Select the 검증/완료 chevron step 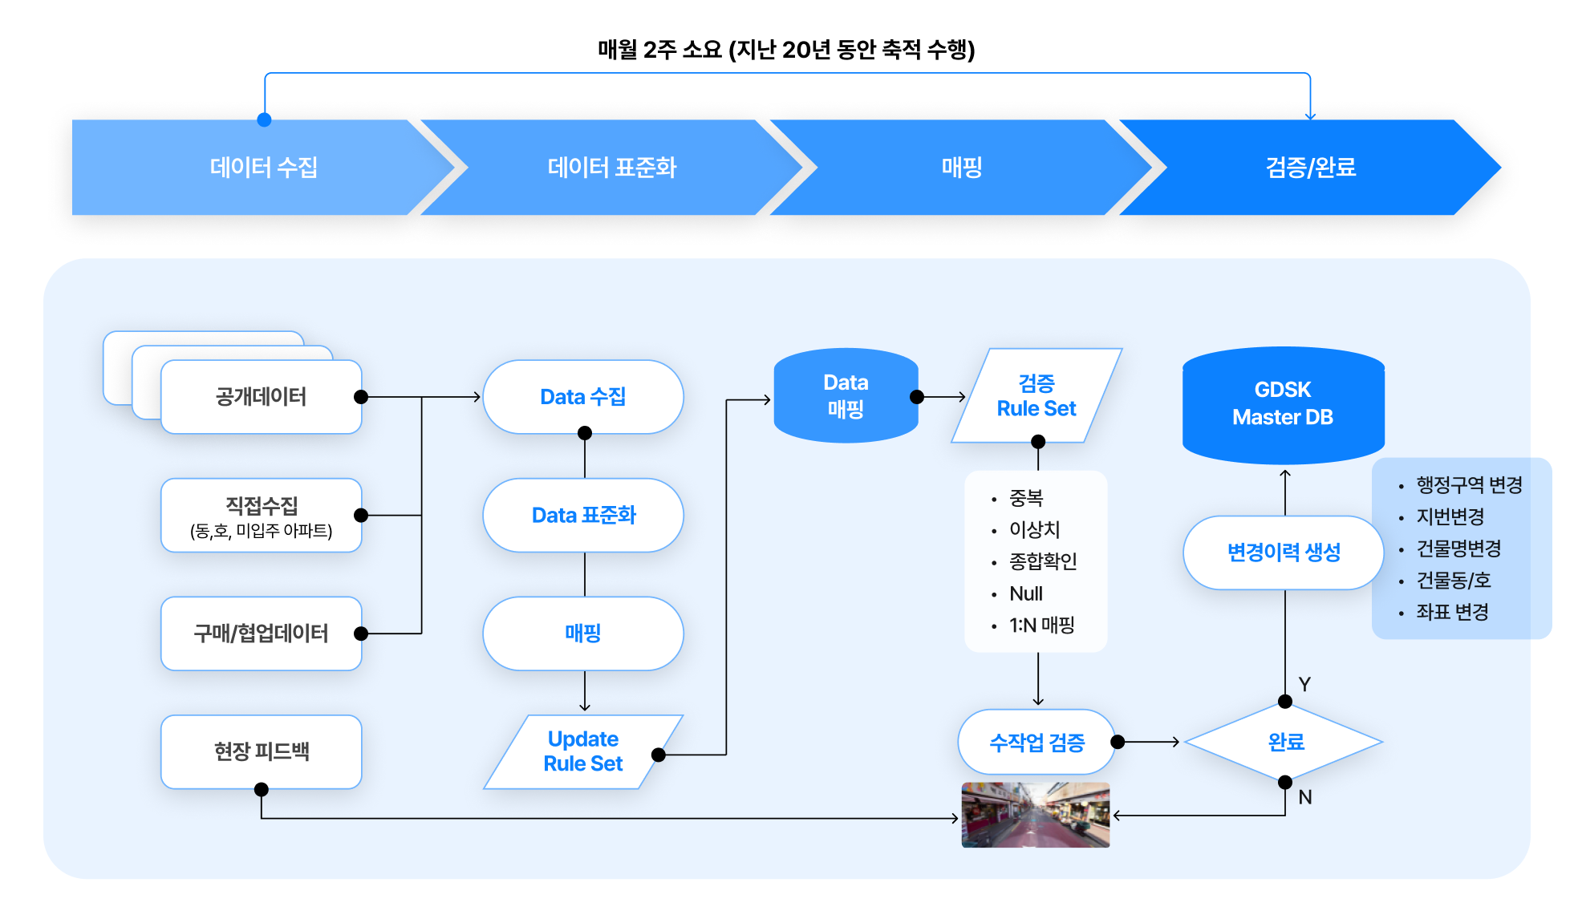(1310, 168)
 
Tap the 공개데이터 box (261, 397)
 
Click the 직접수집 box (261, 516)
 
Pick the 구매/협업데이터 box (261, 634)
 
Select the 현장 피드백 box (261, 751)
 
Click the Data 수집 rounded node (583, 397)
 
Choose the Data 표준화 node (583, 516)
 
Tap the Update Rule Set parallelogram (583, 751)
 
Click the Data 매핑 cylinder (846, 396)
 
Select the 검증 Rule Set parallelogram (1036, 396)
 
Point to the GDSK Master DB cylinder (1283, 404)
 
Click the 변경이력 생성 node (1283, 553)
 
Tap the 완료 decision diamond (1284, 743)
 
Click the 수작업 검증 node (1036, 743)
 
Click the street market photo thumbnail (1036, 815)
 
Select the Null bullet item (1026, 594)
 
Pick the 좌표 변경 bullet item (1452, 613)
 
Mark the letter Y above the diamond (1304, 684)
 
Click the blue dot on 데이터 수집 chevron (264, 120)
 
